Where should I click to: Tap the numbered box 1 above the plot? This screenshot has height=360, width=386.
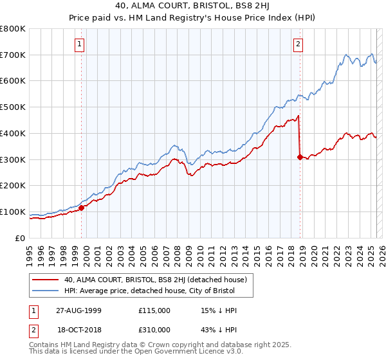coord(79,44)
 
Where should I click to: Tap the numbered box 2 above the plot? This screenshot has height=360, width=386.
coord(299,44)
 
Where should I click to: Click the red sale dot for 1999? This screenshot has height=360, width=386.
coord(82,208)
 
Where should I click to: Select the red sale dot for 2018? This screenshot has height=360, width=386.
coord(300,156)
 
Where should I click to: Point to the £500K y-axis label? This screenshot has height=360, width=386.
coord(13,107)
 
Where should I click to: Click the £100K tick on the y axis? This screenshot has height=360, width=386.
coord(13,212)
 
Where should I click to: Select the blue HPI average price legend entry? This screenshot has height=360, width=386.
coord(150,291)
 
